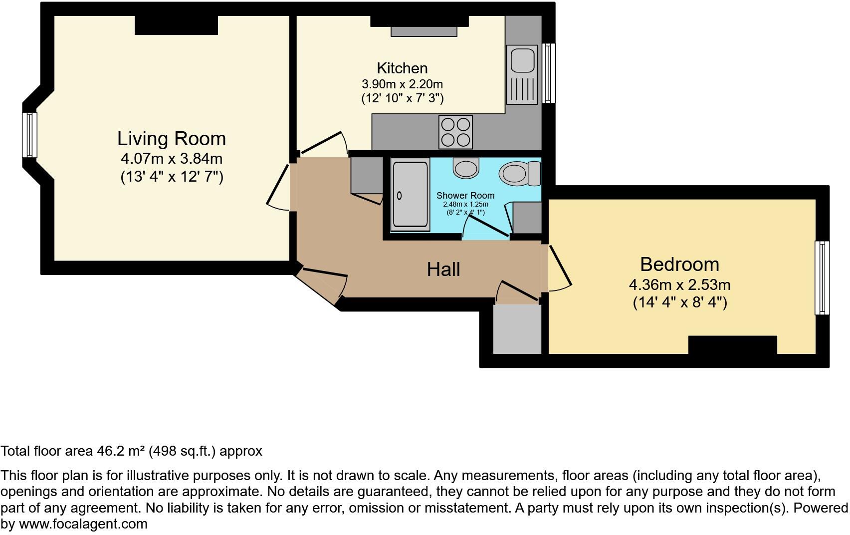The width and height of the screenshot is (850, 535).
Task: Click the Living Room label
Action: [x=172, y=139]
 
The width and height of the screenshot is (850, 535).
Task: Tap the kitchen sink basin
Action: [x=521, y=59]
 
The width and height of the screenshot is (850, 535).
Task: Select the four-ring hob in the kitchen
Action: [x=455, y=132]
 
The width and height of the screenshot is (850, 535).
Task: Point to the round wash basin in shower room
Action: [x=466, y=168]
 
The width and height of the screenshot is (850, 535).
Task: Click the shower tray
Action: [x=411, y=195]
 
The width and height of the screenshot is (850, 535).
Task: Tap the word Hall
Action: [x=443, y=269]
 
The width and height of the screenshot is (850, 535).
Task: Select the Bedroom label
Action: [x=679, y=265]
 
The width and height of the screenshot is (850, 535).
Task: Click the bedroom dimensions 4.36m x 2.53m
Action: [x=679, y=285]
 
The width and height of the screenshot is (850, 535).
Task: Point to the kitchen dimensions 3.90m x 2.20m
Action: [x=402, y=84]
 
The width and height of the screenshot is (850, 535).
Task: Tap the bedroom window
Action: [x=822, y=278]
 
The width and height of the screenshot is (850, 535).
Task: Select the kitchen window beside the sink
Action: [x=549, y=73]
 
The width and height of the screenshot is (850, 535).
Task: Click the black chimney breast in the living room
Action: [x=176, y=25]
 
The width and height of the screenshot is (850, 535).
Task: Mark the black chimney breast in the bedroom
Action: [x=732, y=345]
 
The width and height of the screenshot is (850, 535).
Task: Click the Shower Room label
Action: [x=465, y=196]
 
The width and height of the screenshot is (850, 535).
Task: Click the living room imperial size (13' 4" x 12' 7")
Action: [x=172, y=177]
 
